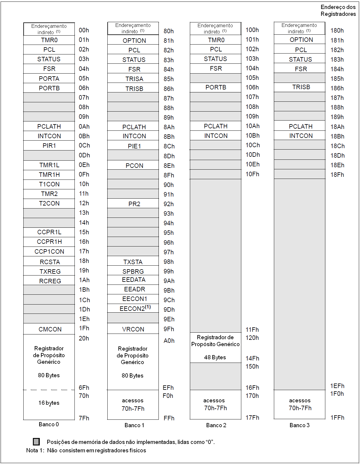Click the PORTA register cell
[49, 78]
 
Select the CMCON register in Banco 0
[50, 329]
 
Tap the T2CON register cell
[49, 203]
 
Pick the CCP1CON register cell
[49, 252]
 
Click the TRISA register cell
[134, 79]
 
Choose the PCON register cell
[134, 166]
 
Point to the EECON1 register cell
[135, 299]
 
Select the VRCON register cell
[133, 329]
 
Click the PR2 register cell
[134, 204]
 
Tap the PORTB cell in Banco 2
[216, 87]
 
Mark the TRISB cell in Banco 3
[301, 87]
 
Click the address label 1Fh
[84, 328]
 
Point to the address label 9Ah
[169, 281]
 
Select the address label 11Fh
[252, 330]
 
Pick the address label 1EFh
[337, 386]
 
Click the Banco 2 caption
[216, 425]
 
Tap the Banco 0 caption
[49, 424]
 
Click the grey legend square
[36, 442]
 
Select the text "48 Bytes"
[215, 357]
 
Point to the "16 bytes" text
[49, 403]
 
